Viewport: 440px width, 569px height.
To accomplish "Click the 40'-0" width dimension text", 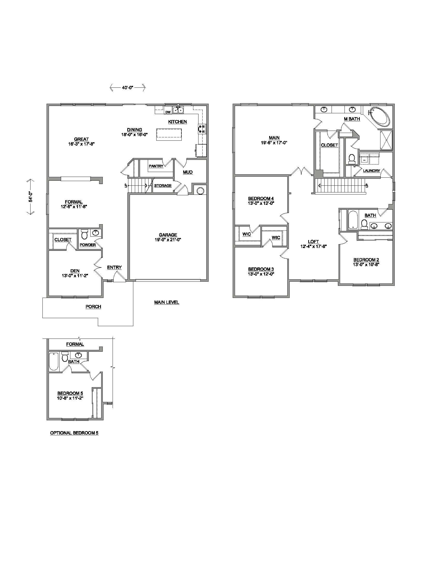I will click(x=127, y=88).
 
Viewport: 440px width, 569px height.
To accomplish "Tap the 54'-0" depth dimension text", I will click(x=31, y=197).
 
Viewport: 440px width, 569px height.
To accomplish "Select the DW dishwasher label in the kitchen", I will click(x=168, y=112).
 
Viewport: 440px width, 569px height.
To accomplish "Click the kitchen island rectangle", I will click(x=169, y=134).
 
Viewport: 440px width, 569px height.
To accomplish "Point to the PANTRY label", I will click(x=156, y=166).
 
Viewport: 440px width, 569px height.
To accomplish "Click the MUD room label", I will click(x=188, y=172).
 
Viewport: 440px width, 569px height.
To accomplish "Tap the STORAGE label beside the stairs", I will click(x=163, y=185).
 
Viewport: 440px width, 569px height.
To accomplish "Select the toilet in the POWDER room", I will click(x=84, y=234).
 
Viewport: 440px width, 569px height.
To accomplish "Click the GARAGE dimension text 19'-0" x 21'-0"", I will click(x=168, y=239).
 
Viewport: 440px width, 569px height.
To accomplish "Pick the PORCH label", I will click(x=93, y=307).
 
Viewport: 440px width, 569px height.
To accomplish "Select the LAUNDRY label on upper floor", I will click(x=371, y=171).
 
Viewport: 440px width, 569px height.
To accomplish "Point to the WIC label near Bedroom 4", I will click(x=247, y=234).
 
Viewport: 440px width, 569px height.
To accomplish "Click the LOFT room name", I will click(x=313, y=242).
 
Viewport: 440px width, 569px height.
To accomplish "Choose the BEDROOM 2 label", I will click(x=366, y=260).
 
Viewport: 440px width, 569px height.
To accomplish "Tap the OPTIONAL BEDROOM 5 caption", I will click(x=74, y=433).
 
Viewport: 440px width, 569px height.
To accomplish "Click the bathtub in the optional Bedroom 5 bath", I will click(x=54, y=361).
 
